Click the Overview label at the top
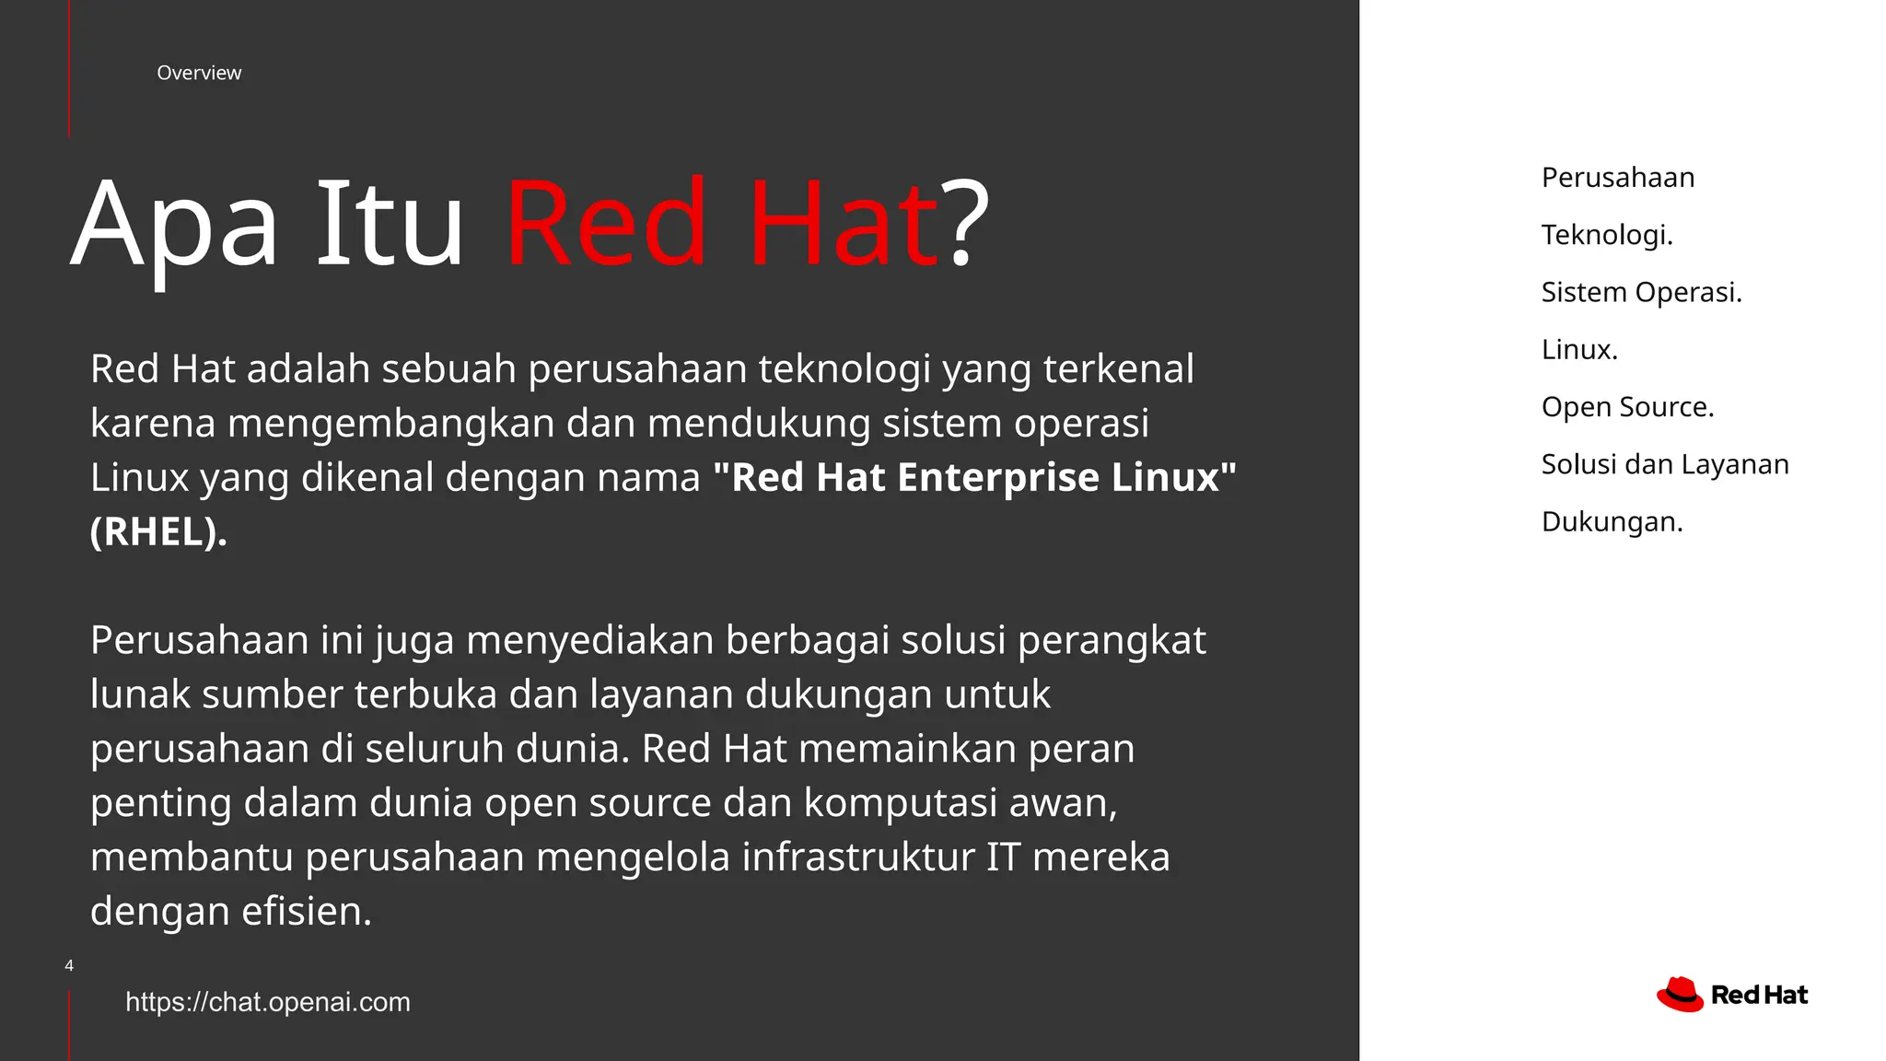tap(199, 73)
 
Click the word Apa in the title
tap(174, 226)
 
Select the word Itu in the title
tap(390, 226)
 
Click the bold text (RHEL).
tap(158, 531)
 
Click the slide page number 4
tap(69, 965)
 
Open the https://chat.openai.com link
tap(268, 1002)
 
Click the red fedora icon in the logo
tap(1680, 995)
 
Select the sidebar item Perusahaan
tap(1618, 178)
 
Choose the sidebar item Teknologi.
tap(1607, 235)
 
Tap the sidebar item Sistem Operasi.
tap(1642, 292)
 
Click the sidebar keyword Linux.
tap(1579, 350)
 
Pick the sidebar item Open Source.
tap(1627, 407)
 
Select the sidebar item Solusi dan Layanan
tap(1665, 464)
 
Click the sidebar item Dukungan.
tap(1612, 522)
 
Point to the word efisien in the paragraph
tap(307, 912)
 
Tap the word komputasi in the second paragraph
tap(900, 803)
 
